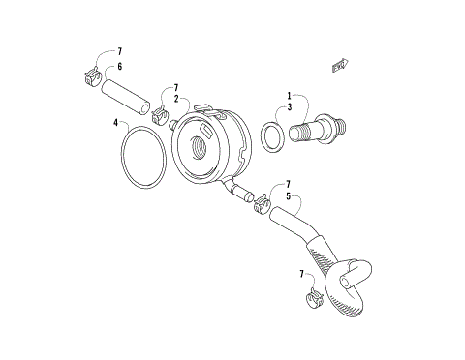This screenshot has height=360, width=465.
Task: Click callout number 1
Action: tap(288, 96)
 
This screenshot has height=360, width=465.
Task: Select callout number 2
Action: tap(175, 98)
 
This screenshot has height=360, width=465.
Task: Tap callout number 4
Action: tap(115, 123)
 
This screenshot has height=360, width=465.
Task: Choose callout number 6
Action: tap(119, 67)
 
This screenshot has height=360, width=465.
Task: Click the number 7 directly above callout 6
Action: tap(119, 51)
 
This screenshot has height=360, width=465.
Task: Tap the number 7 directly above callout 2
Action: tap(175, 87)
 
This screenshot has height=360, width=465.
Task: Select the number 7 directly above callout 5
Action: tap(288, 183)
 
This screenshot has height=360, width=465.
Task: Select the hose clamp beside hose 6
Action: tap(89, 75)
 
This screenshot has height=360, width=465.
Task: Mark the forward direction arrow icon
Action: tap(340, 65)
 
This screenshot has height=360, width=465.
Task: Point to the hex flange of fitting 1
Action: tap(333, 124)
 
